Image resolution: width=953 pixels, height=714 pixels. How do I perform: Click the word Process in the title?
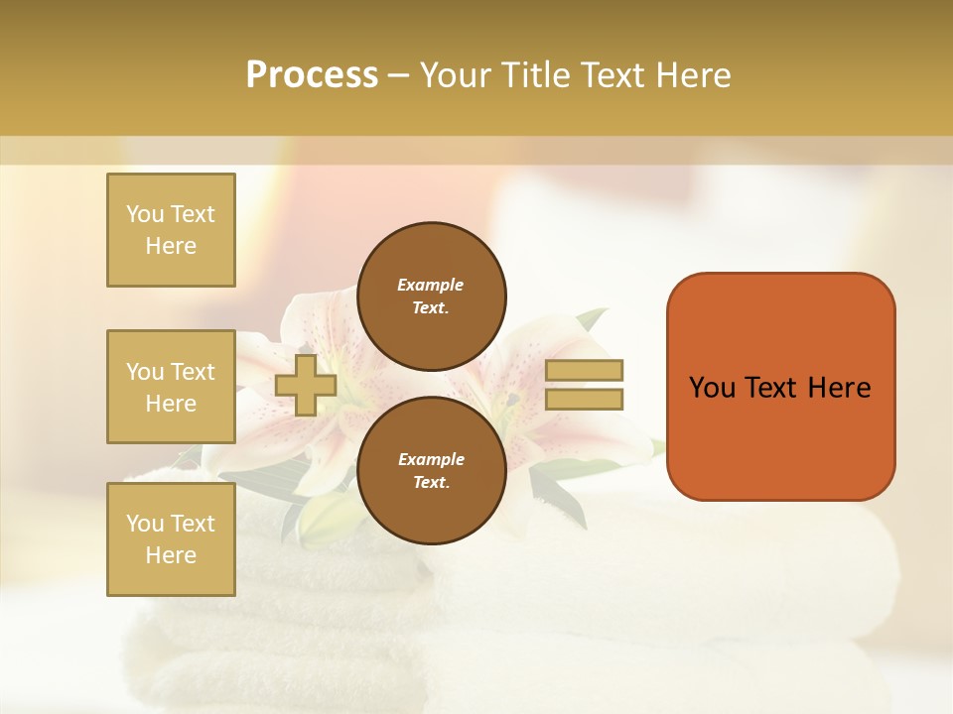coord(312,75)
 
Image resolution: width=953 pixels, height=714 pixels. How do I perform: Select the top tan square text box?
coord(171,230)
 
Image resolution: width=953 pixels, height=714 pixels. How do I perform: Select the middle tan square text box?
coord(171,387)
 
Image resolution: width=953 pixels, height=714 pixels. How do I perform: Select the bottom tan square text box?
coord(171,539)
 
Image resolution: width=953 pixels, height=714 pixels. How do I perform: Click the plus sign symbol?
coord(306,385)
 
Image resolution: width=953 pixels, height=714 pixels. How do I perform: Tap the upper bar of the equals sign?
coord(585,370)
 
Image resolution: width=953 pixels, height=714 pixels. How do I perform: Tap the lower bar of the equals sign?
coord(585,399)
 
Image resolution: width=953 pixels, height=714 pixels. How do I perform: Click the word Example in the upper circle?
coord(431,285)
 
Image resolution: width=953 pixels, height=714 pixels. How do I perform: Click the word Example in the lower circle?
coord(431,459)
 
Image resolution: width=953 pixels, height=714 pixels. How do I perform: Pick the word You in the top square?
coord(145,214)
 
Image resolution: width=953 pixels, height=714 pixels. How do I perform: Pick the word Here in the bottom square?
coord(171,555)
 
